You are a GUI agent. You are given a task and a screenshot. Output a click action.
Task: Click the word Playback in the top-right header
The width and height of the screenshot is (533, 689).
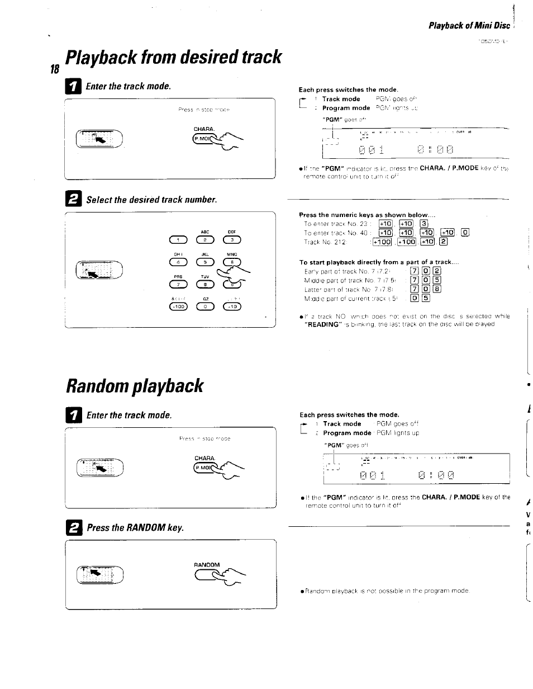[x=446, y=26]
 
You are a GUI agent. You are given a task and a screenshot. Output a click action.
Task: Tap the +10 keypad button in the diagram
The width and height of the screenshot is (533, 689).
[x=231, y=306]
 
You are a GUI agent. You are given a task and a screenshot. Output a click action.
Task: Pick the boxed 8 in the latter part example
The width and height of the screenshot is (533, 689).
[x=436, y=290]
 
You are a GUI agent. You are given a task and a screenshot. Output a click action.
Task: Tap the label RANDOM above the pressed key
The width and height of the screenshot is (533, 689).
[x=207, y=564]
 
